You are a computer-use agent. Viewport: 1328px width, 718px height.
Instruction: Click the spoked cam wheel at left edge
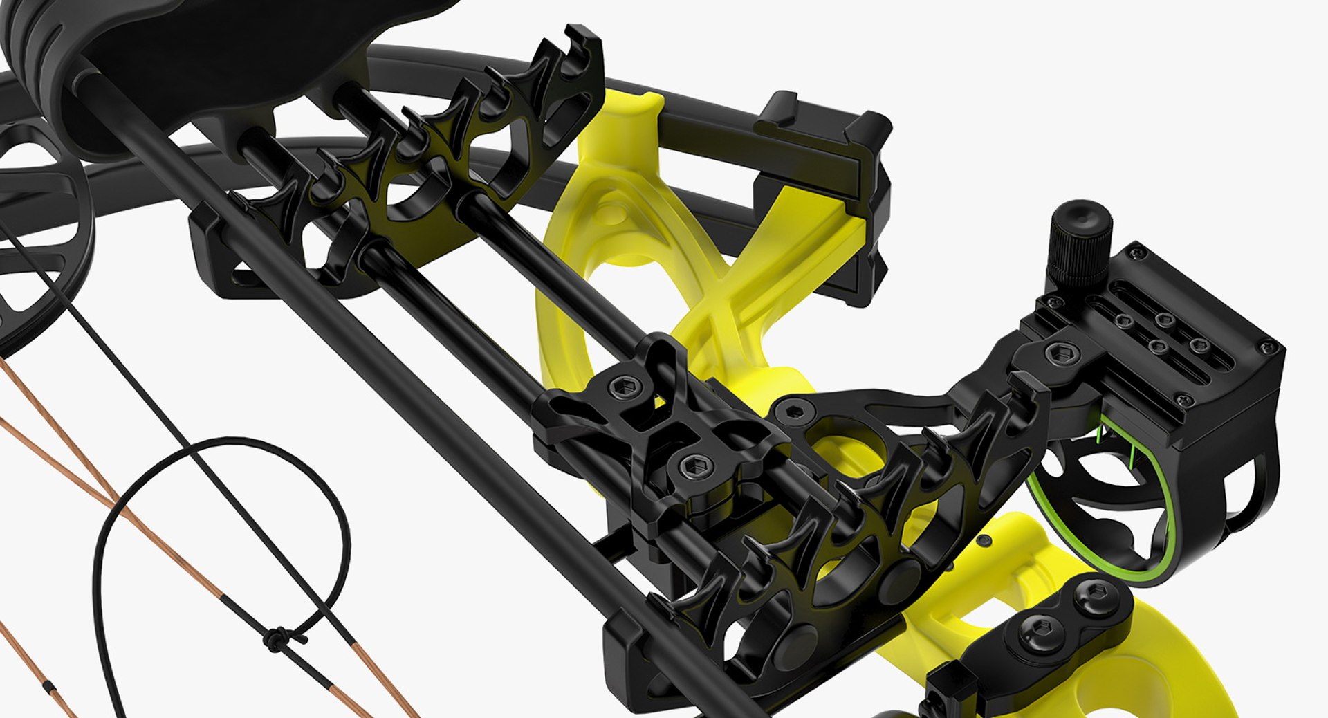41,228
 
